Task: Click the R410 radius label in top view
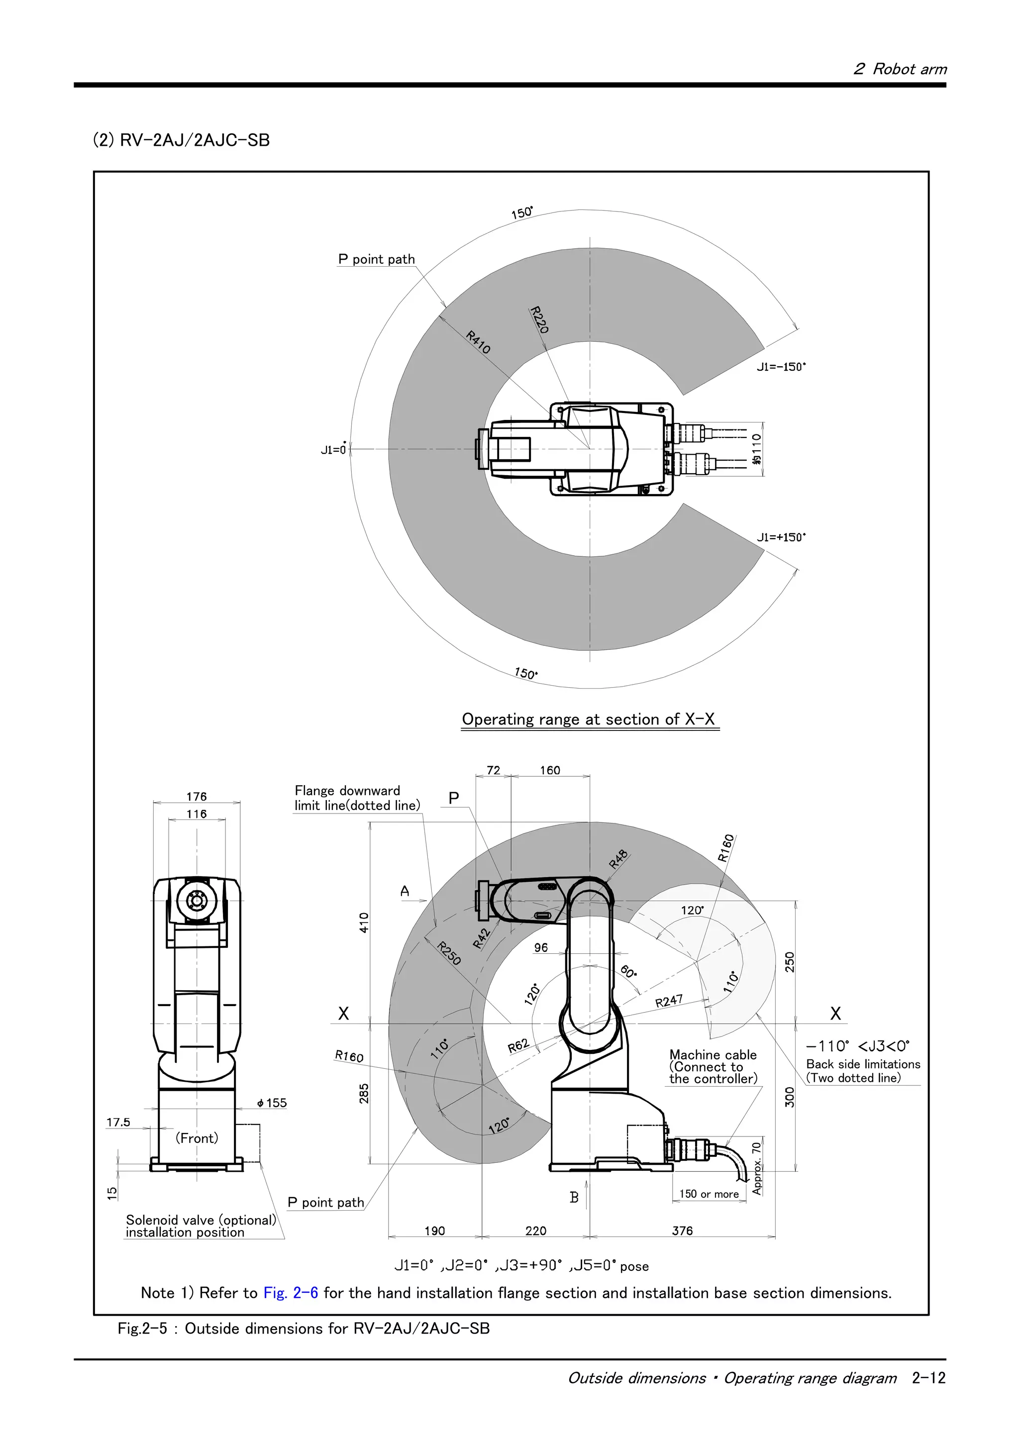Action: click(x=479, y=342)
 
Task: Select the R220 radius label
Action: click(x=539, y=319)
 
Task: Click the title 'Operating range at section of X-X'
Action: click(x=588, y=719)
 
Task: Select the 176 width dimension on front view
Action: click(x=196, y=796)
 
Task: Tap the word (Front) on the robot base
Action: click(x=197, y=1138)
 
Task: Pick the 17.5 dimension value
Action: click(x=118, y=1123)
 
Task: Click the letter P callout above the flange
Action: click(x=454, y=798)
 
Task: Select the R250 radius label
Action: click(x=449, y=953)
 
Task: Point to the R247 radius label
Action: click(x=669, y=1001)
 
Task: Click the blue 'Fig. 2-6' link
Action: click(x=291, y=1293)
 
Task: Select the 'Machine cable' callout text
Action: click(x=713, y=1055)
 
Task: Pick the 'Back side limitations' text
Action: click(x=863, y=1064)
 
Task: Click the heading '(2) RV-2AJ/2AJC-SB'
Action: click(x=182, y=139)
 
